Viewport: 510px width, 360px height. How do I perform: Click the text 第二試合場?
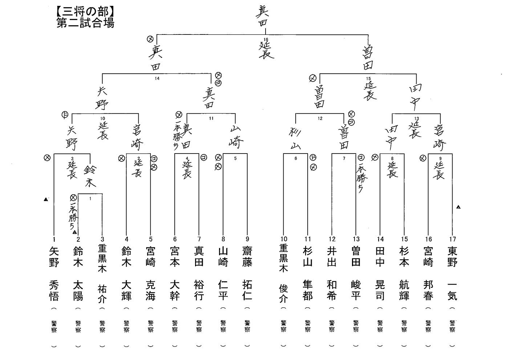(x=85, y=23)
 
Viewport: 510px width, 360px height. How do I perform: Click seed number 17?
(x=452, y=239)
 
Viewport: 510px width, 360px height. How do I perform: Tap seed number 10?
(x=283, y=239)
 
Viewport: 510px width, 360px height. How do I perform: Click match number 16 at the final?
(x=266, y=40)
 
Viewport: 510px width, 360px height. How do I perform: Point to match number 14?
(x=157, y=78)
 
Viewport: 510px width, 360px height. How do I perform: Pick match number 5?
(x=235, y=159)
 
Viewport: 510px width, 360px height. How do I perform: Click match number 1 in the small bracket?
(x=90, y=199)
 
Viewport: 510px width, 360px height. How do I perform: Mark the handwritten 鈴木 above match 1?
(x=90, y=176)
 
